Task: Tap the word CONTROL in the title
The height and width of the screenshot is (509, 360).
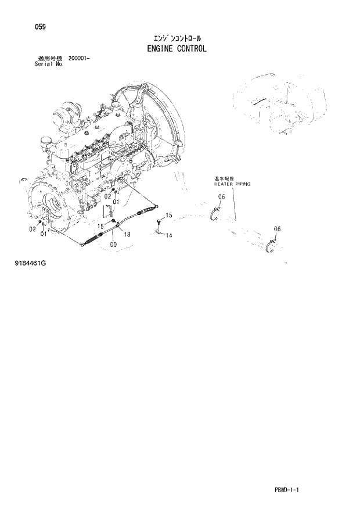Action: click(x=193, y=48)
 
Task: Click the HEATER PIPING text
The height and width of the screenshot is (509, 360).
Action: click(x=232, y=184)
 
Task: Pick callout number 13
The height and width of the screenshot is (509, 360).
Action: click(x=127, y=234)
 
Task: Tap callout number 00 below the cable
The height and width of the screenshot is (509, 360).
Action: click(x=112, y=245)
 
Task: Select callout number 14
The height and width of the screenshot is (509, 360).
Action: click(x=169, y=235)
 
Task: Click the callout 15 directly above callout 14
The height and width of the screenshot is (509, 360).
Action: click(x=169, y=216)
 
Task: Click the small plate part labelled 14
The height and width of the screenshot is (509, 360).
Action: click(x=157, y=234)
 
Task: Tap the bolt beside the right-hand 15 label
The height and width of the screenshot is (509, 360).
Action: click(x=158, y=221)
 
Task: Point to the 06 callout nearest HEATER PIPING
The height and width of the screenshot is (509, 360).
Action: click(x=221, y=198)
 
